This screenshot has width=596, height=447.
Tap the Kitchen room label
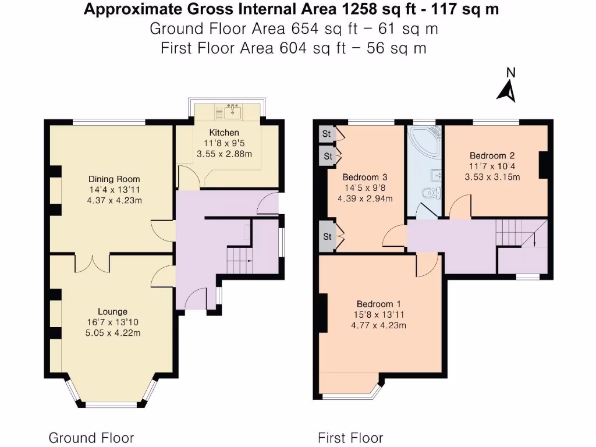click(224, 133)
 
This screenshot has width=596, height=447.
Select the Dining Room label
click(114, 179)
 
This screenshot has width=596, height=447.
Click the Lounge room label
click(112, 312)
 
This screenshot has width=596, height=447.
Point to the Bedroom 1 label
click(378, 304)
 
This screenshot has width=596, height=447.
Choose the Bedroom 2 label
click(492, 155)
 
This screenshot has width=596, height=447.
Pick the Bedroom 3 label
click(365, 177)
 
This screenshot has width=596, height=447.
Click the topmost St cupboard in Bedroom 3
click(327, 134)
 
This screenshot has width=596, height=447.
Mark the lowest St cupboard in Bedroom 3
click(327, 237)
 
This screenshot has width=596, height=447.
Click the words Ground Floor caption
click(91, 438)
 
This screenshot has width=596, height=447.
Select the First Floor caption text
click(350, 438)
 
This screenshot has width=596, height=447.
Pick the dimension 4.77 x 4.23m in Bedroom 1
click(378, 325)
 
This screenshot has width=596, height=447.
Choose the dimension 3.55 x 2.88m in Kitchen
click(224, 154)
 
